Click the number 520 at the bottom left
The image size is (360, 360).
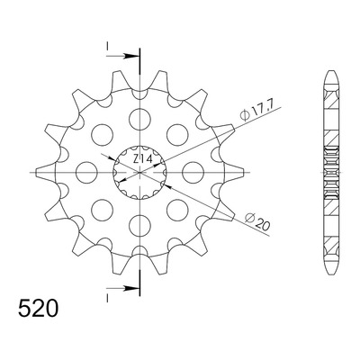coord(38,308)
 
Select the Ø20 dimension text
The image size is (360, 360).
coord(257,221)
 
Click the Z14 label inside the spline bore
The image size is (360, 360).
coord(142,159)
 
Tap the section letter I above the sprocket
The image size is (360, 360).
coord(107,46)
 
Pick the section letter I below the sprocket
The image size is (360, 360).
coord(107,298)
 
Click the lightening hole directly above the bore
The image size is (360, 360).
coord(139,119)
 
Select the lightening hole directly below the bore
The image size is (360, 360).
coord(139,226)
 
